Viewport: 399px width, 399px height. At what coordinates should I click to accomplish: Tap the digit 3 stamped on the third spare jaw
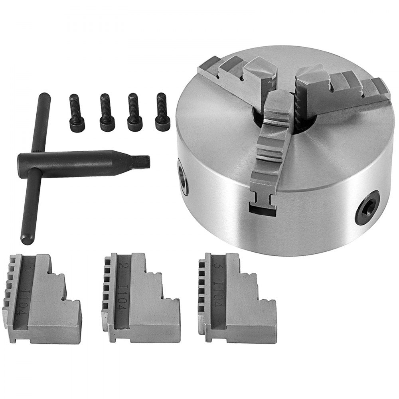[217, 265]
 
